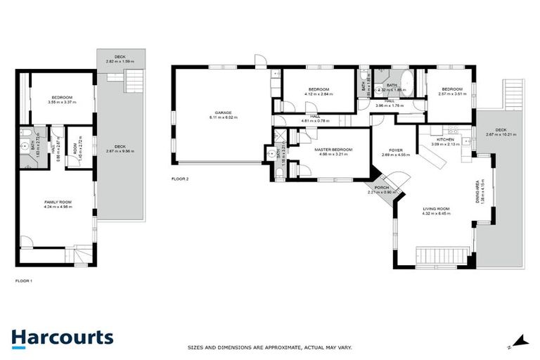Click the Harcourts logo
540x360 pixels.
(x=62, y=337)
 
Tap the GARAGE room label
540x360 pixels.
(x=224, y=112)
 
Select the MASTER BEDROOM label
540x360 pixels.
(x=333, y=149)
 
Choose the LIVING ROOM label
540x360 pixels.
(x=436, y=209)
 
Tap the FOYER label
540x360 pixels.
(x=395, y=150)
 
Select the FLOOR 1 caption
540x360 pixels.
(x=24, y=281)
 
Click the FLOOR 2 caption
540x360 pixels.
(x=180, y=179)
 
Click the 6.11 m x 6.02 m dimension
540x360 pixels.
(x=224, y=117)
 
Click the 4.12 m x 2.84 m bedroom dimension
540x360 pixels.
(x=319, y=94)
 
